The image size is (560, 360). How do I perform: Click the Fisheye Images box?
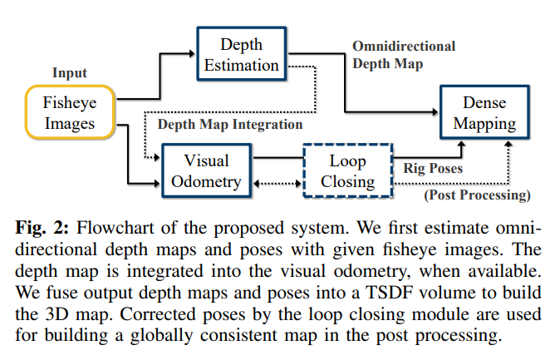(x=69, y=114)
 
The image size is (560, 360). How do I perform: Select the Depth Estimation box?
(x=241, y=54)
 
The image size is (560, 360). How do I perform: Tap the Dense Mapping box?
(x=489, y=114)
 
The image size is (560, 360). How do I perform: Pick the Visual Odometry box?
(x=206, y=170)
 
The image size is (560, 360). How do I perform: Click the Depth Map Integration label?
(x=229, y=125)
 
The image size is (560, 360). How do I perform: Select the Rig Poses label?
(x=433, y=168)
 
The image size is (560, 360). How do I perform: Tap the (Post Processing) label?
(x=476, y=196)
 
